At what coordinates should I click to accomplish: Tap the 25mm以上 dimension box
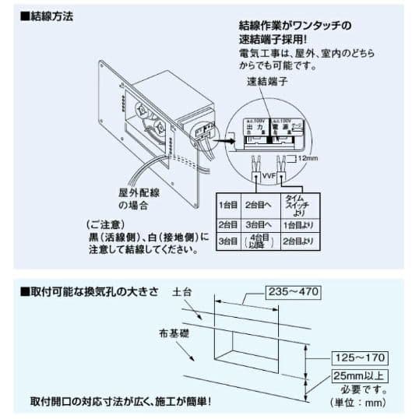(x=359, y=375)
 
